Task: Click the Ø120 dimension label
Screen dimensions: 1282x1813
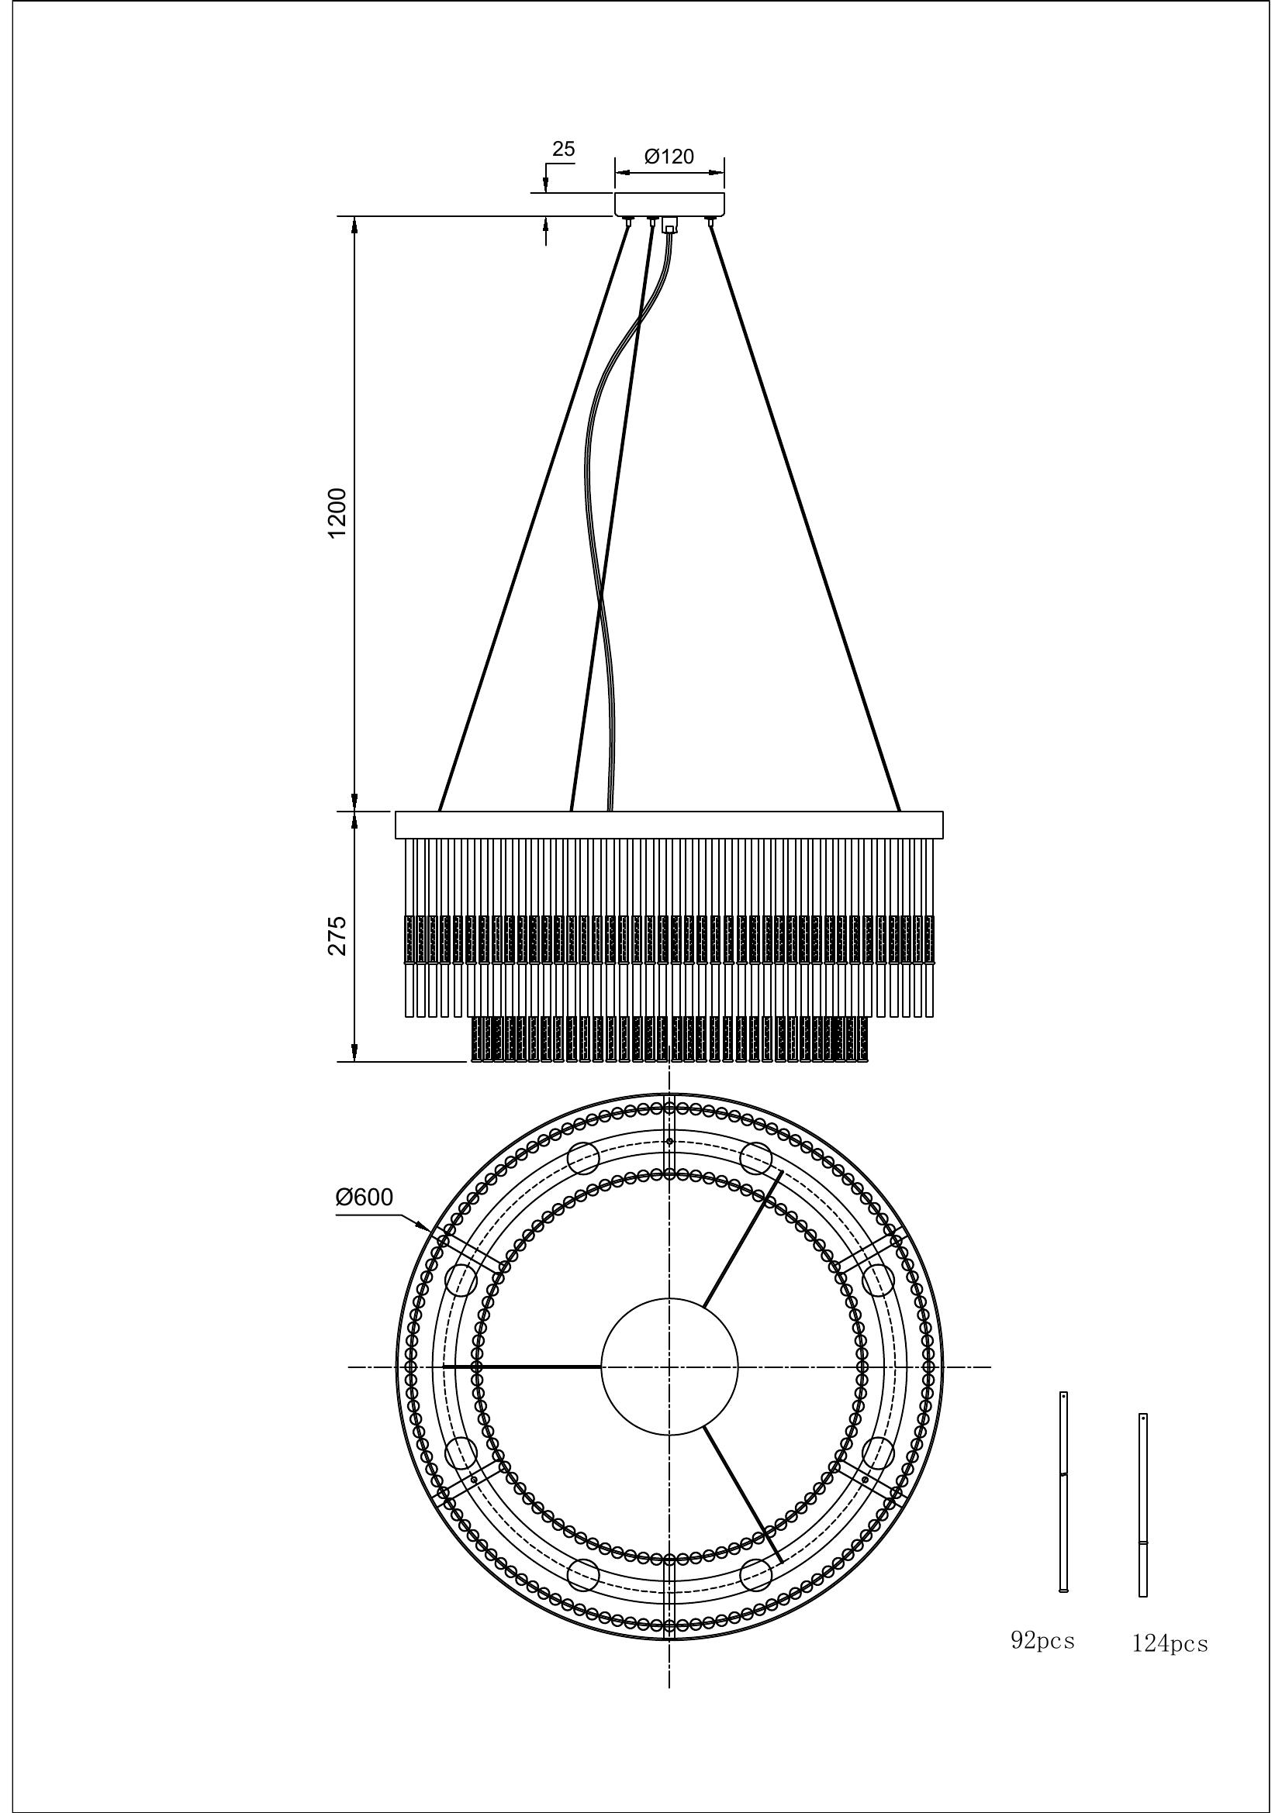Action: [x=669, y=157]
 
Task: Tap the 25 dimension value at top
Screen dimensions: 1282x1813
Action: [x=563, y=150]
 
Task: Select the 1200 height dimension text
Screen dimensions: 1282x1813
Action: [x=337, y=513]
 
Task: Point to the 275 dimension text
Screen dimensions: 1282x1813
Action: [x=337, y=936]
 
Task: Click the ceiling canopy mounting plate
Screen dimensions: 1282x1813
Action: [x=670, y=204]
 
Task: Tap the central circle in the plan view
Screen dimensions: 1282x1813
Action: [x=670, y=1366]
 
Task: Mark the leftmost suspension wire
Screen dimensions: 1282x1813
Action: [x=533, y=517]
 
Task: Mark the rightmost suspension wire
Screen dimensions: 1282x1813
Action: [x=806, y=517]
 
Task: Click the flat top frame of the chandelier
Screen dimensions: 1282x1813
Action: [x=669, y=825]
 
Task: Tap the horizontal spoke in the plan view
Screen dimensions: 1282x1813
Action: [x=522, y=1366]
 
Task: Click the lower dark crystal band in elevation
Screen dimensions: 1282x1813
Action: [x=670, y=1039]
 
